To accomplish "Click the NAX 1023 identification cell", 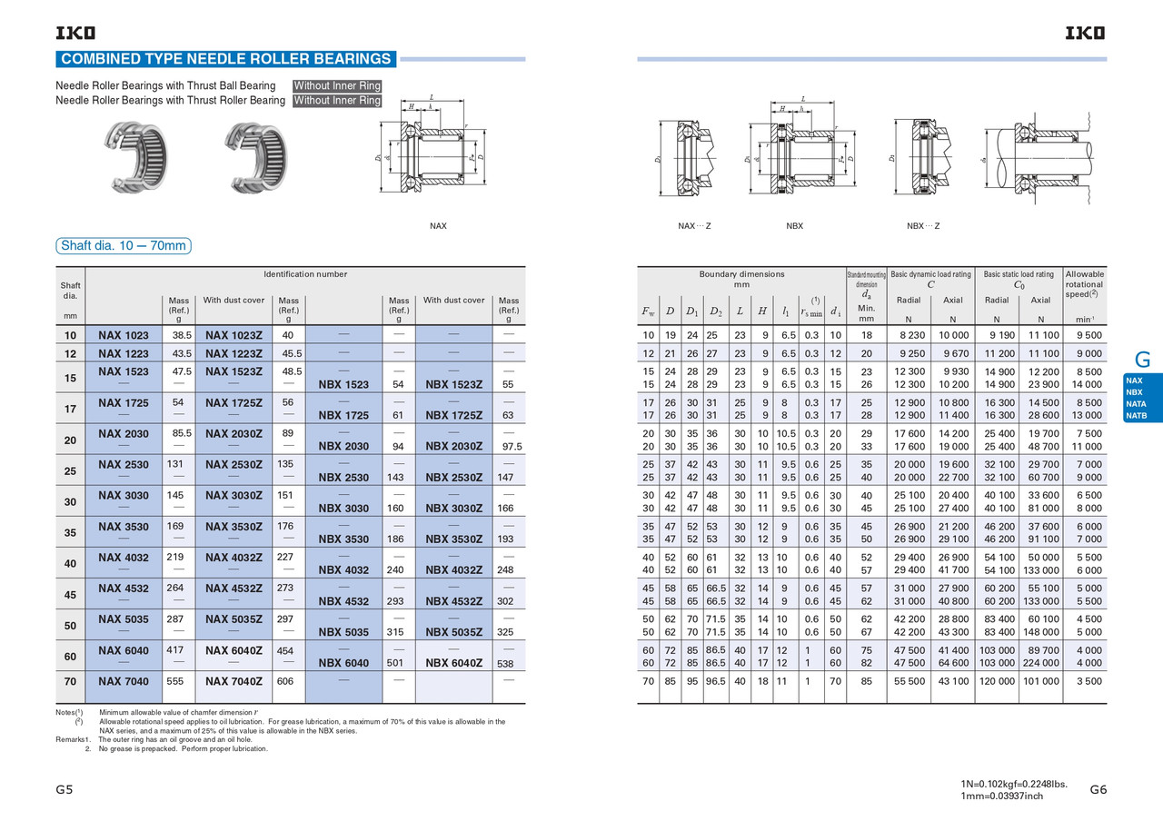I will pos(123,334).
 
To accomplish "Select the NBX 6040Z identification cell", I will pos(453,663).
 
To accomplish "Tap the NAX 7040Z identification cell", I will pos(234,680).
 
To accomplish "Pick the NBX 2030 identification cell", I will pos(343,446).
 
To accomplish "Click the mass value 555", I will pos(179,680).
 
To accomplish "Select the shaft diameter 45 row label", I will pos(70,595).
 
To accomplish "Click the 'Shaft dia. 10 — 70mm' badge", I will pos(123,245).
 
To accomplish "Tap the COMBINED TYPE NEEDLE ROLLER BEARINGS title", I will pos(225,59).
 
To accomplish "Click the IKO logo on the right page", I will pos(1086,34).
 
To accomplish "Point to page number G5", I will pos(64,790).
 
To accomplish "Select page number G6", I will pos(1098,790).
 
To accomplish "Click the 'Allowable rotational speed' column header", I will pos(1085,283).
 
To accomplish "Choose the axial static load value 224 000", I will pos(1040,663).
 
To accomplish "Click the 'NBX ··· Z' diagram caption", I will pos(923,225).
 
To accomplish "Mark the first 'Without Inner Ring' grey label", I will pos(337,85).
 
